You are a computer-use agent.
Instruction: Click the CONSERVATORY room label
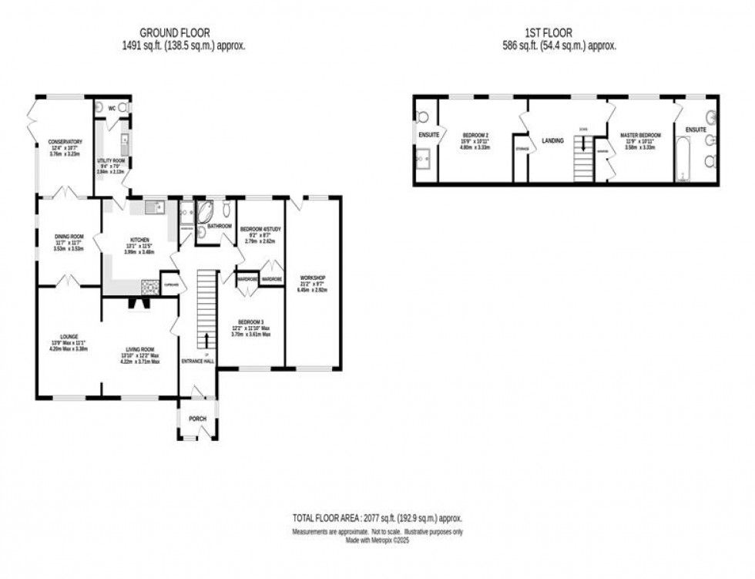(x=65, y=142)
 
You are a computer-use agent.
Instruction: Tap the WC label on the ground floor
(x=112, y=108)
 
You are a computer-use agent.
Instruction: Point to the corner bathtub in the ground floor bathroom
(x=206, y=211)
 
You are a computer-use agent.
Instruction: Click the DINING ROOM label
(x=69, y=236)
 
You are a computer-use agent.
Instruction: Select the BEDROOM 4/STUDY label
(x=260, y=230)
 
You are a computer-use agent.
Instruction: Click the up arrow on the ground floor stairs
(x=206, y=339)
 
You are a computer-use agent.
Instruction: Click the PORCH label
(x=198, y=419)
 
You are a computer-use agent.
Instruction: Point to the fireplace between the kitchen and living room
(x=140, y=303)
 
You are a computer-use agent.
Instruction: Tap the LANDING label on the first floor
(x=552, y=141)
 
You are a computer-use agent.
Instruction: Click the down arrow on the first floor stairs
(x=584, y=144)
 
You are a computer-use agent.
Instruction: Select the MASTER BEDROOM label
(x=640, y=136)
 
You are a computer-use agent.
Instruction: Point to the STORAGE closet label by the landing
(x=522, y=148)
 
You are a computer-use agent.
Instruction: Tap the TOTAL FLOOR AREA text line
(x=377, y=519)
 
